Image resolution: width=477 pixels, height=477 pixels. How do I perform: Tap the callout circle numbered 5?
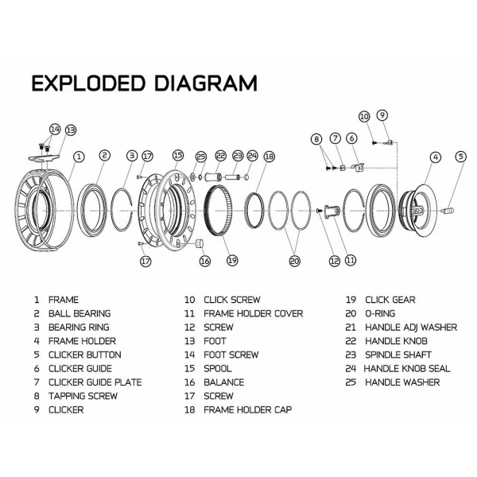pos(460,157)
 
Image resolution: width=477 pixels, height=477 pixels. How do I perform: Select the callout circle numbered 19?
pos(232,259)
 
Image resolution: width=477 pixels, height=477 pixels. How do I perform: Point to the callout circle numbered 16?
pos(204,260)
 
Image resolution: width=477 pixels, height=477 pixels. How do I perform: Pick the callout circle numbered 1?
pos(79,157)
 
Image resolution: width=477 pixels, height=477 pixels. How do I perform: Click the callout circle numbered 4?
pos(435,157)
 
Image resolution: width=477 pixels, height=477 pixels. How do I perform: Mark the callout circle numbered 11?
pos(350,259)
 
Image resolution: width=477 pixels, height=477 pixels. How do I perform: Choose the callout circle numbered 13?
pos(70,130)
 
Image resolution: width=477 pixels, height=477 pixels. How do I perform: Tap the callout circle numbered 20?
pos(294,259)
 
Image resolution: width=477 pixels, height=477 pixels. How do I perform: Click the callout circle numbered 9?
pos(382,114)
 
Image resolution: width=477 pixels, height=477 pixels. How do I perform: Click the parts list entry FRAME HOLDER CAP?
pos(247,409)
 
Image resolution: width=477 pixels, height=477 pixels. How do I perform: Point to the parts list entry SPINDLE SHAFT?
pos(397,355)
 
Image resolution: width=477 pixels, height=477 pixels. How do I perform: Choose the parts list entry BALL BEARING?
pos(79,313)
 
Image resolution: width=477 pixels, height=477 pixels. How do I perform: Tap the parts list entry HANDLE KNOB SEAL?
pos(406,368)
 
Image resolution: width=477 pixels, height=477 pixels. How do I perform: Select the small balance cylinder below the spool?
pos(202,242)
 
